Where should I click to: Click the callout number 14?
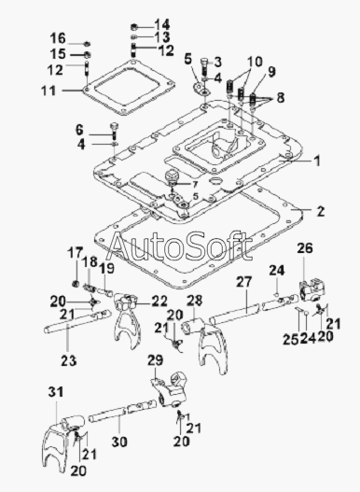click(162, 25)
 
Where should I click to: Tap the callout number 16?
click(58, 38)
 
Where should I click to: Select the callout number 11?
click(48, 91)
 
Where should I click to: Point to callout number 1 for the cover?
click(317, 161)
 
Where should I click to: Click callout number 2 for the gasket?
click(321, 212)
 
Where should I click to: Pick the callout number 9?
click(271, 72)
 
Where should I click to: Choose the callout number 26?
click(305, 248)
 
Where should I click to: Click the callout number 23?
click(69, 360)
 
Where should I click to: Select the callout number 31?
click(56, 392)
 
